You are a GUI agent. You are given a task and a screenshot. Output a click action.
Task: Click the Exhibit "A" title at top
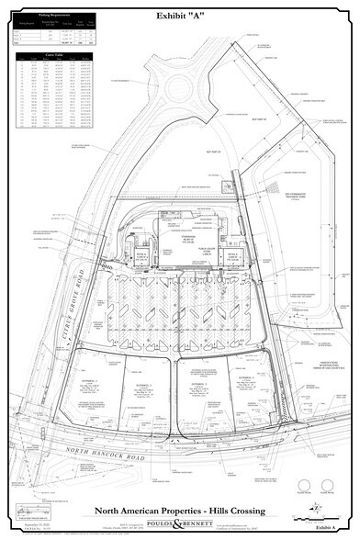click(x=180, y=16)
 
